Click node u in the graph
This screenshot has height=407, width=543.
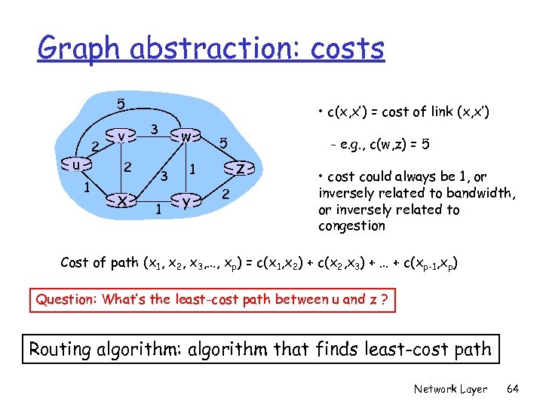coord(75,164)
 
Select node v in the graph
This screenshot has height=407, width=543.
coord(121,136)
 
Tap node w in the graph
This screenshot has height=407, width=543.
coord(185,136)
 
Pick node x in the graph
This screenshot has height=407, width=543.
coord(121,200)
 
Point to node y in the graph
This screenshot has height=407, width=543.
coord(185,200)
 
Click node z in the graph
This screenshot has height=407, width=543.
coord(240,168)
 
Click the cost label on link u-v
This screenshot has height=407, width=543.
coord(95,145)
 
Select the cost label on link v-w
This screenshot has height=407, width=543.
coord(153,129)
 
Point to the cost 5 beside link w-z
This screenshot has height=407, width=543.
coord(222,142)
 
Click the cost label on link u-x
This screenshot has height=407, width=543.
coord(88,186)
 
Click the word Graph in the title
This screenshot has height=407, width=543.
coord(80,49)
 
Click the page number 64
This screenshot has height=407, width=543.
coord(513,389)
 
